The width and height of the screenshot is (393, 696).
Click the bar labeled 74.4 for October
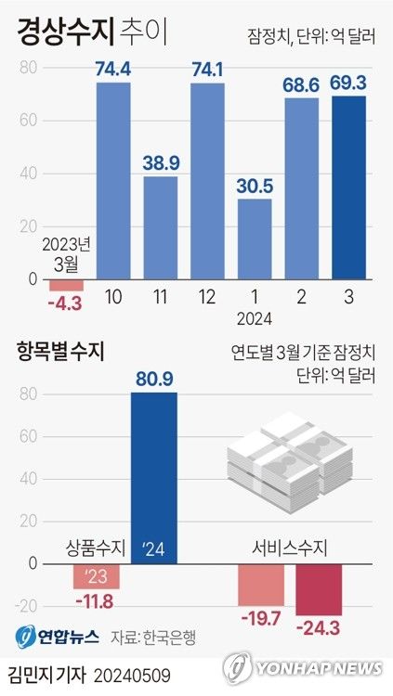[114, 180]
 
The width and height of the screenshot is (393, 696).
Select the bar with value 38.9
[161, 227]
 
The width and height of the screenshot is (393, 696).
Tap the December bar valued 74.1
[208, 181]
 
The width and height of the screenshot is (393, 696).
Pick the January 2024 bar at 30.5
[255, 238]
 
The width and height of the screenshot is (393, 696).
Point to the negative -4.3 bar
[67, 285]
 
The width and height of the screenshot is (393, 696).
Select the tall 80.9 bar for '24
[154, 477]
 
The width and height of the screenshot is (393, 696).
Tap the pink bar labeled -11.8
[97, 575]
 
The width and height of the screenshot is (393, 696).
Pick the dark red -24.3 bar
[319, 589]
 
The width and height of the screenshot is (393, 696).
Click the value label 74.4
[114, 67]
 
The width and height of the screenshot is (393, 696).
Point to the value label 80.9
[154, 378]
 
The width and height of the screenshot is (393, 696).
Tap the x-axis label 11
[161, 298]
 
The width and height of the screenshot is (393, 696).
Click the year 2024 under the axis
[255, 318]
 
